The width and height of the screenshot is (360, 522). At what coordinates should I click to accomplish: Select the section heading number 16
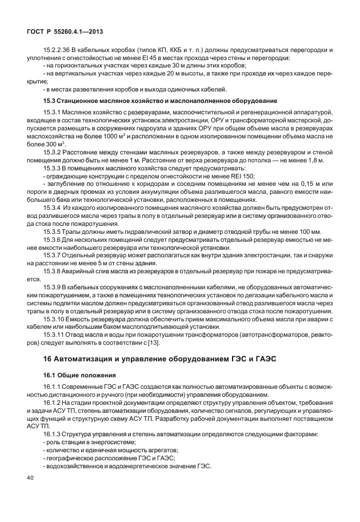47,358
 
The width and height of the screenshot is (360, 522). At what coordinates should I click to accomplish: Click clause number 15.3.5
53,231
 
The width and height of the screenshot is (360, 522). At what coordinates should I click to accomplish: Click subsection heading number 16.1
49,375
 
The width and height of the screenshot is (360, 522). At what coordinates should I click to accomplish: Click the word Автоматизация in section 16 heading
90,358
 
